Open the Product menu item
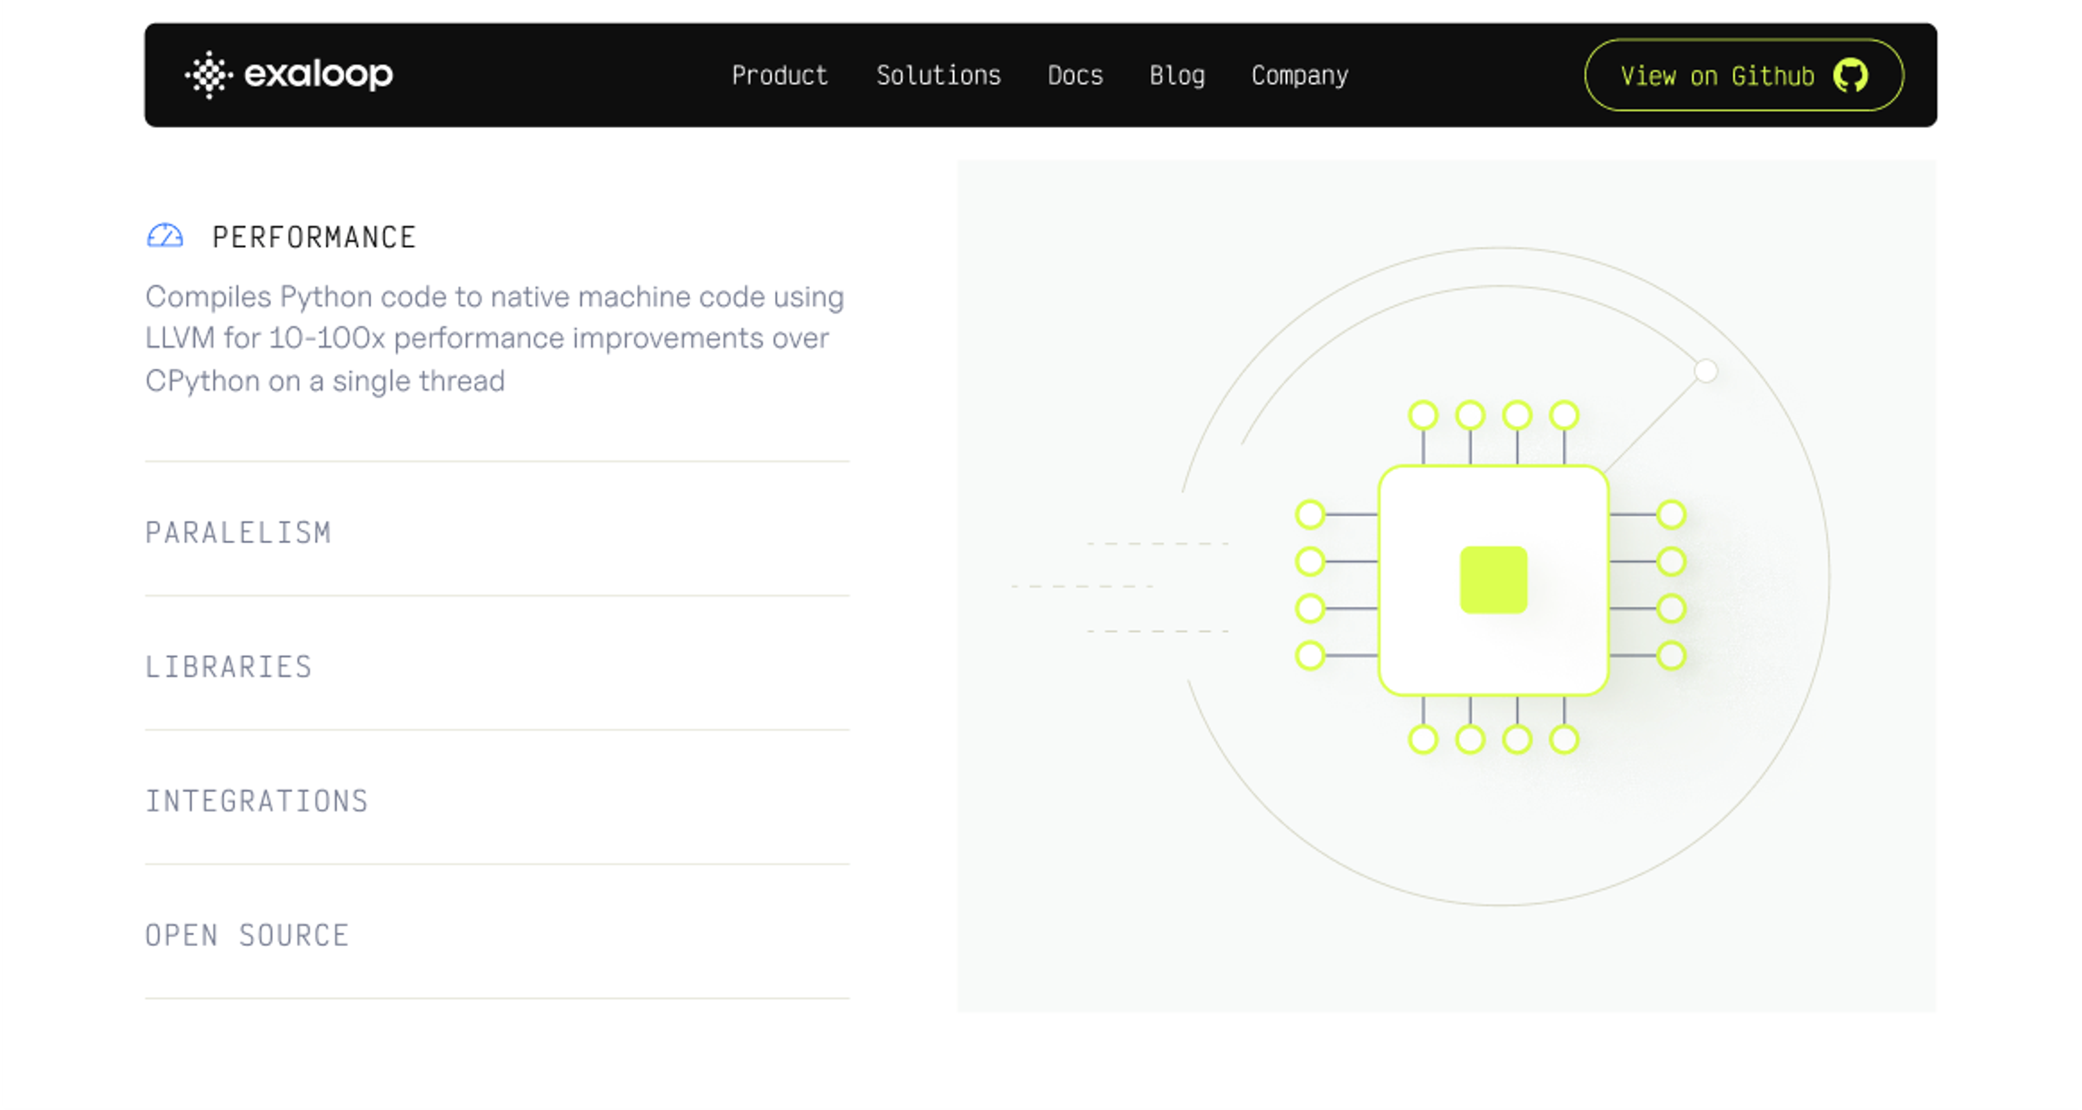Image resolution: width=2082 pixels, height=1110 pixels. pyautogui.click(x=780, y=75)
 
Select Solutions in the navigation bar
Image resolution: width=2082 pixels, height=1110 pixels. pyautogui.click(x=939, y=75)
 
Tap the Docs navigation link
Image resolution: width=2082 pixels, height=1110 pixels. pyautogui.click(x=1075, y=75)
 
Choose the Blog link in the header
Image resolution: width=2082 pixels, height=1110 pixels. pyautogui.click(x=1177, y=76)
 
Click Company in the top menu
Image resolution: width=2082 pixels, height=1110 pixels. pyautogui.click(x=1300, y=76)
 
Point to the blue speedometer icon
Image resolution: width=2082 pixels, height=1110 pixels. pyautogui.click(x=165, y=235)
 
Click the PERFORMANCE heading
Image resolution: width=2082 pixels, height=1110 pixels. pyautogui.click(x=313, y=237)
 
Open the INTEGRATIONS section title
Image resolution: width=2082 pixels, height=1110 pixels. pyautogui.click(x=257, y=801)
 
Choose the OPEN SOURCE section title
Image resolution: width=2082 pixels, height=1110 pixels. pyautogui.click(x=247, y=935)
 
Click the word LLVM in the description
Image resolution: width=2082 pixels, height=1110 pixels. pyautogui.click(x=180, y=338)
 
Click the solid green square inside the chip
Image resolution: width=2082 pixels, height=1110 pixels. pyautogui.click(x=1494, y=580)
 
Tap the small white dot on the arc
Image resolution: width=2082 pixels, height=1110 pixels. pyautogui.click(x=1705, y=371)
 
